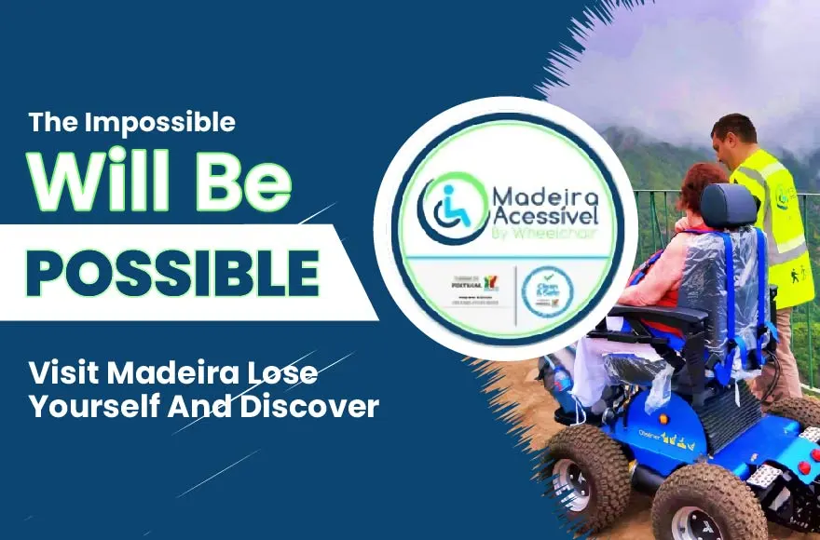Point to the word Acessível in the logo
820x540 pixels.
coord(540,217)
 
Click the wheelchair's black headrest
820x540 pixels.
coord(729,206)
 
